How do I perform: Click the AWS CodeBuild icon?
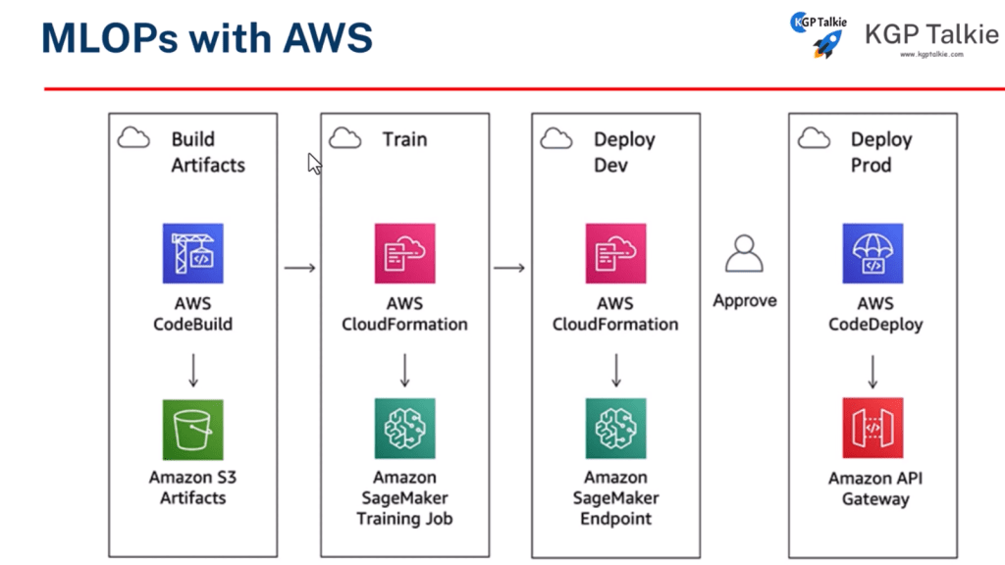[192, 253]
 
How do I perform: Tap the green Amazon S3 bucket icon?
[192, 429]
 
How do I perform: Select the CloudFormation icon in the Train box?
[404, 253]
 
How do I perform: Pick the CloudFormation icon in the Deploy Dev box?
[615, 253]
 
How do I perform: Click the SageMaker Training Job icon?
[404, 429]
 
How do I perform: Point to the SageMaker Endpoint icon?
[615, 429]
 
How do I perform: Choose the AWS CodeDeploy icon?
[873, 253]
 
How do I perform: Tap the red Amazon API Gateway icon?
[873, 429]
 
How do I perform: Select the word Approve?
[744, 301]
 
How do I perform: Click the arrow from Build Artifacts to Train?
[299, 267]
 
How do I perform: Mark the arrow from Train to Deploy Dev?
[509, 267]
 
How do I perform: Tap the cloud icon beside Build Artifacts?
[133, 138]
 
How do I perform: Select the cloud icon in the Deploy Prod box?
[814, 138]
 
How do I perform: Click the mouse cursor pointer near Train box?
[314, 163]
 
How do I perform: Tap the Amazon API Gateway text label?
[873, 488]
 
